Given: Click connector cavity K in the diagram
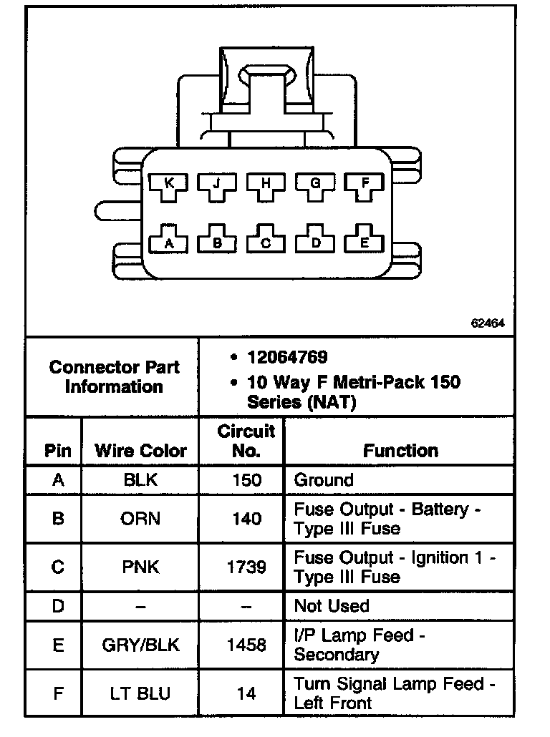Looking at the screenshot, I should point(168,185).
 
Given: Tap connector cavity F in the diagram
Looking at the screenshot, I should point(364,185).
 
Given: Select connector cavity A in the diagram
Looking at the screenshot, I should point(168,242).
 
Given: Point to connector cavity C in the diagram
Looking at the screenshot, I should point(266,242).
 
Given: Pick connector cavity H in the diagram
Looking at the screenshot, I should point(266,185).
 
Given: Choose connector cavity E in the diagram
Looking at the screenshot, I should point(364,242).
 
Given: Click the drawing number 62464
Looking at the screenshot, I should point(488,323).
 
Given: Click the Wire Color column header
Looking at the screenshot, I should point(140,451).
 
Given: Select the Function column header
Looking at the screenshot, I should point(400,451).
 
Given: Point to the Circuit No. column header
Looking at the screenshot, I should point(246,441).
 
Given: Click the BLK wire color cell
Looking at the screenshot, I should point(140,480).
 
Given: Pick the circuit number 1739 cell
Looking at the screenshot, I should point(246,567).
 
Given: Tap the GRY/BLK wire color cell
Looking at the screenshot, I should point(140,645).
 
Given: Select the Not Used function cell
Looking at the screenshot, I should point(332,606).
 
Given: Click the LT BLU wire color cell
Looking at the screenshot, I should point(140,693).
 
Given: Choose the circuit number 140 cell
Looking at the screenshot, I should point(246,519).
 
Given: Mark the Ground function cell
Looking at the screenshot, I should point(324,480).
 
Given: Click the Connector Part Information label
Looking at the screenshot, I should point(114,377).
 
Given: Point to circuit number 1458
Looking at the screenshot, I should point(246,645).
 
